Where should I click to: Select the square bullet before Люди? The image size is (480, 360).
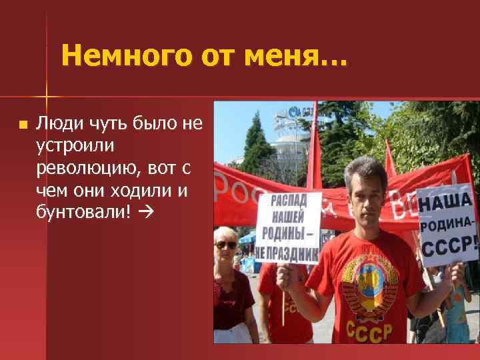click(23, 124)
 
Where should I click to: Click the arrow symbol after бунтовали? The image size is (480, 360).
click(147, 213)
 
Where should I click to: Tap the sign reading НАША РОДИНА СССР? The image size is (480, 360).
click(446, 223)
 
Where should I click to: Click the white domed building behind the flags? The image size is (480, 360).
click(287, 143)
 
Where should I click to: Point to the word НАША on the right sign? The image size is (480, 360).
click(445, 201)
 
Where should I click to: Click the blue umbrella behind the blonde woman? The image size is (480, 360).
click(247, 237)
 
